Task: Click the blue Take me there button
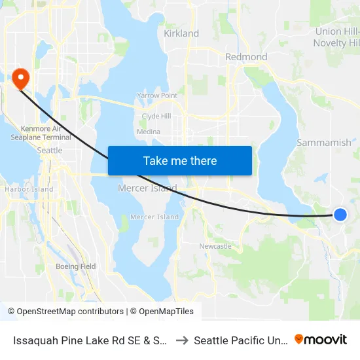180,160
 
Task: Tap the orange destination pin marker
21,79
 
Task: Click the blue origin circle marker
340,214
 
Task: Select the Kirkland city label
181,33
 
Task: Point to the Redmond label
246,57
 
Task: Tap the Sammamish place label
324,142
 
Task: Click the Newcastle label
215,246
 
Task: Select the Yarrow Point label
157,96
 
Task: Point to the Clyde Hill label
156,117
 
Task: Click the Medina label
149,131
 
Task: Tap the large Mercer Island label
147,189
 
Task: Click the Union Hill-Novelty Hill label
338,37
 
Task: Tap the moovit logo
321,340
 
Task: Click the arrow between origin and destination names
182,340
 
